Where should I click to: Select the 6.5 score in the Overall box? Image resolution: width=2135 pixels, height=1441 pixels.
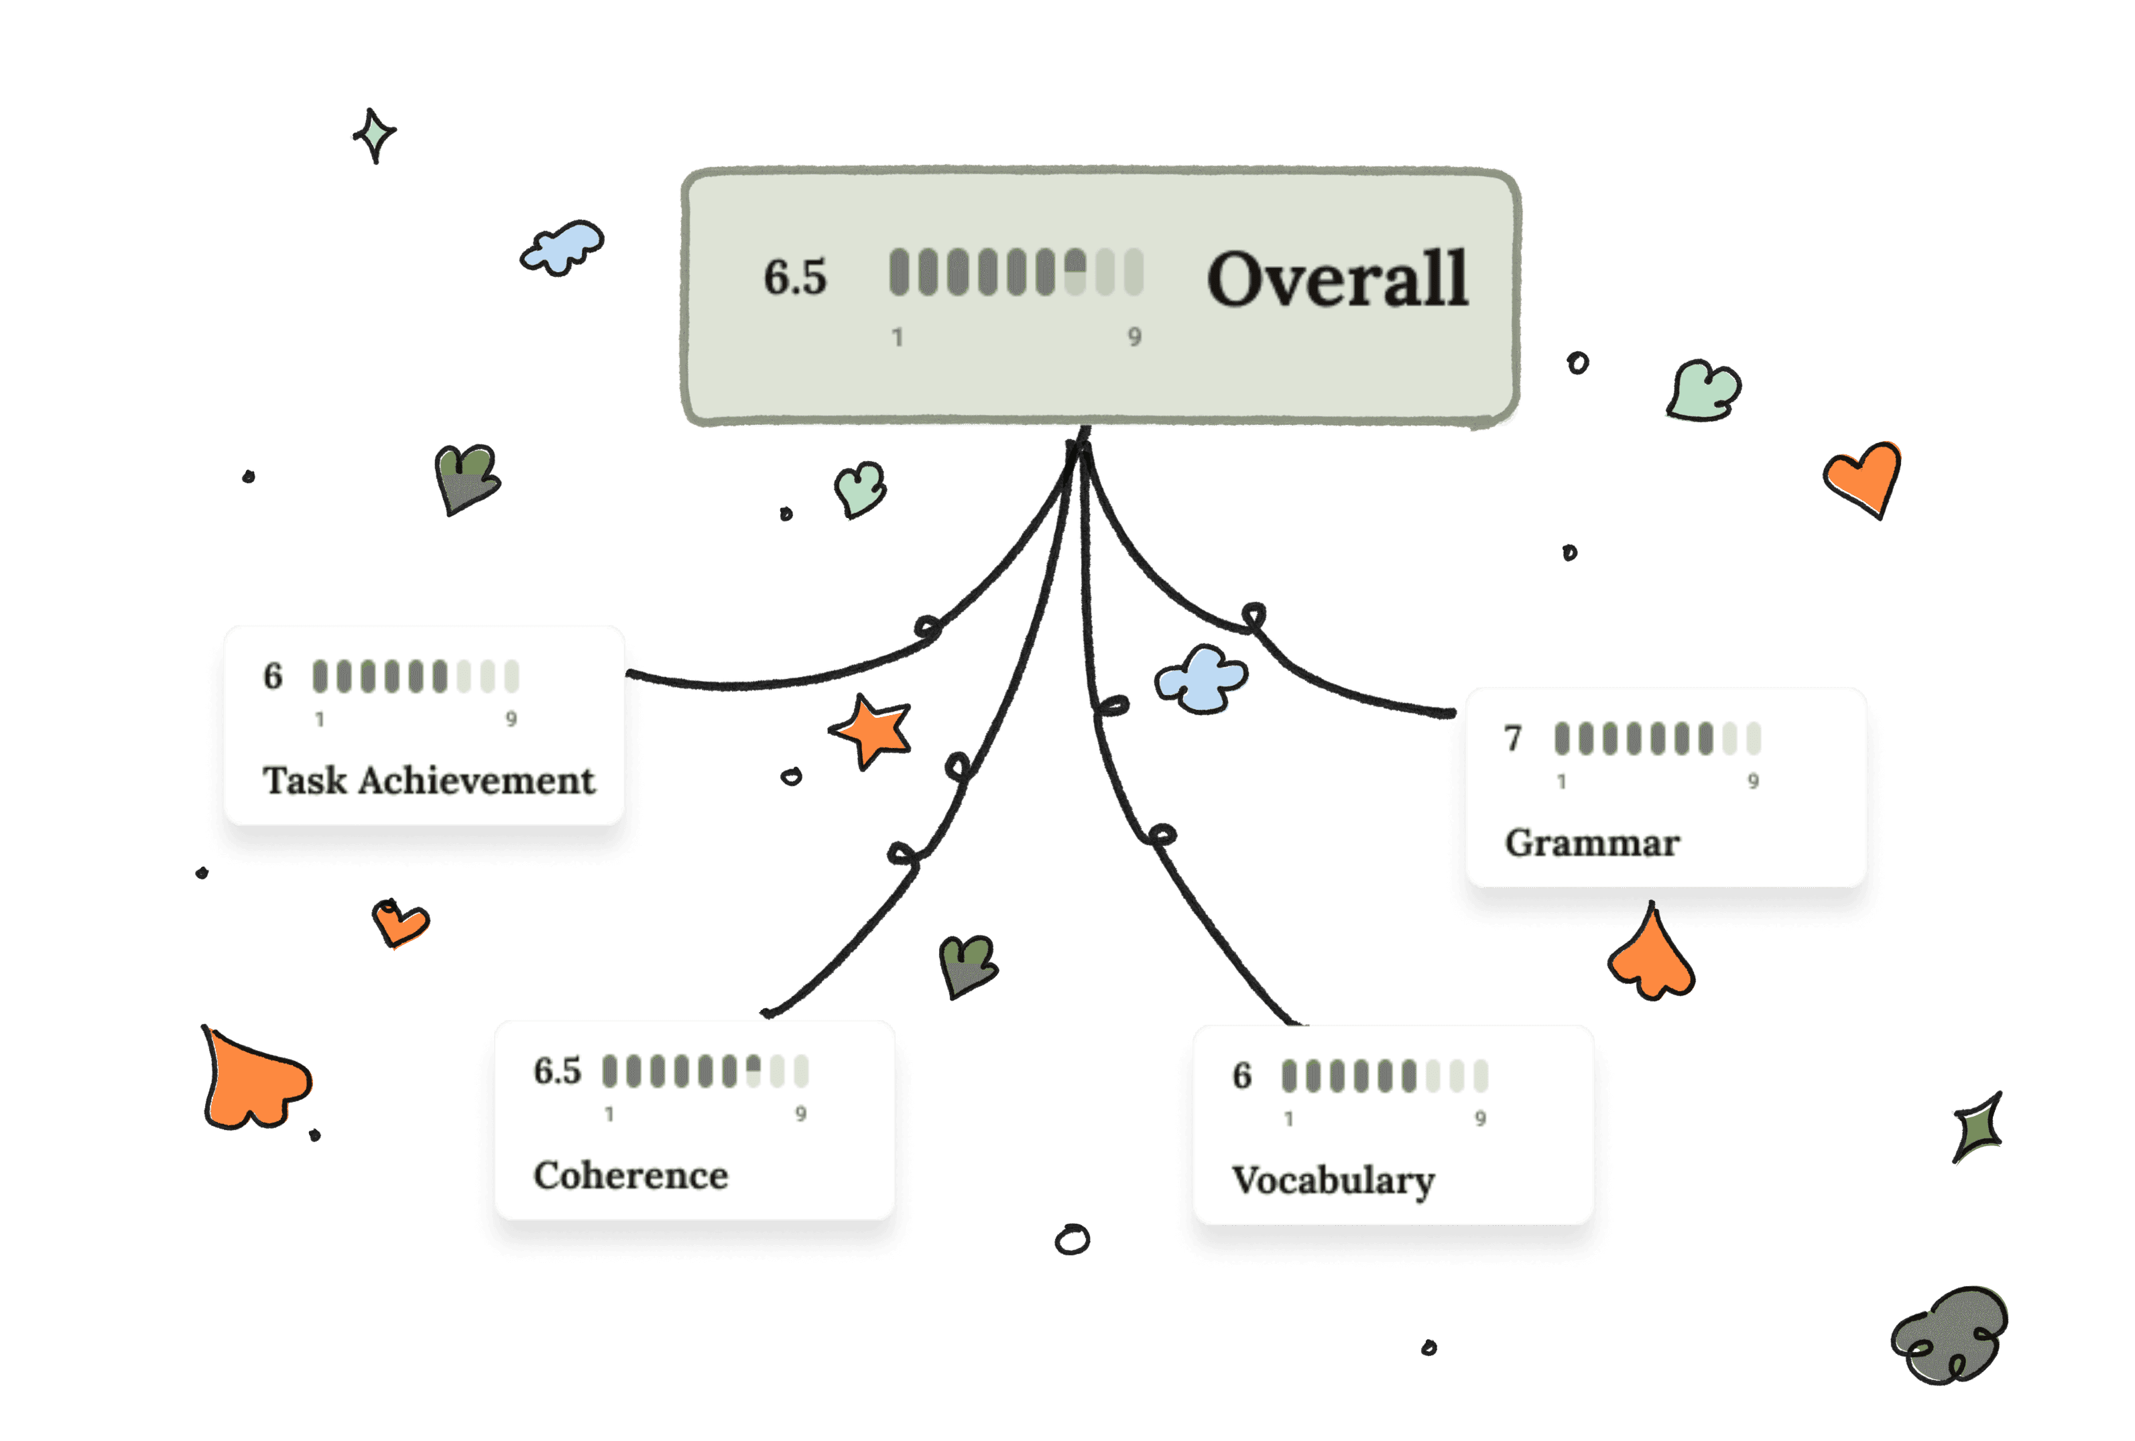click(794, 277)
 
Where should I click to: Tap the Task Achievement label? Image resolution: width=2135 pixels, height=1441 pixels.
click(428, 781)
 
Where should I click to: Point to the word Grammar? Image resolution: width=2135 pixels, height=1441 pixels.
click(1592, 843)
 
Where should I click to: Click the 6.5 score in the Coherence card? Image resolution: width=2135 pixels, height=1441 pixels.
click(557, 1071)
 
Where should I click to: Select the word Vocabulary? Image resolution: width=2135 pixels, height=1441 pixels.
click(1333, 1181)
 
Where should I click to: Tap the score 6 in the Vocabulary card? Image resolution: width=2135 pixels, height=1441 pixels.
click(1242, 1076)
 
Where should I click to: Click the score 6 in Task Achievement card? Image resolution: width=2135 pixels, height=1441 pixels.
click(273, 676)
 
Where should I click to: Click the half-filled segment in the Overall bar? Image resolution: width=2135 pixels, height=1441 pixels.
click(1075, 273)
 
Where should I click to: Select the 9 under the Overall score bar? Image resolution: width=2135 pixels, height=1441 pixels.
click(1135, 337)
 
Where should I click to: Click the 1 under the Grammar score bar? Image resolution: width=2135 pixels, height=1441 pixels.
click(1561, 781)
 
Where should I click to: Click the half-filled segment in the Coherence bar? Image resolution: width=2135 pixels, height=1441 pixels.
click(753, 1071)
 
